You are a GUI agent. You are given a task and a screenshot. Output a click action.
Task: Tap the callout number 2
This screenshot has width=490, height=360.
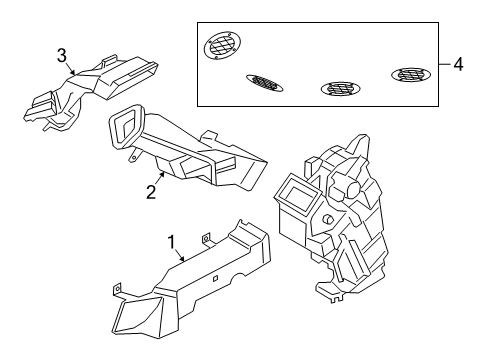[x=150, y=190]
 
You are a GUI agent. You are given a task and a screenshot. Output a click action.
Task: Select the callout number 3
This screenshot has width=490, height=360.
[x=62, y=54]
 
